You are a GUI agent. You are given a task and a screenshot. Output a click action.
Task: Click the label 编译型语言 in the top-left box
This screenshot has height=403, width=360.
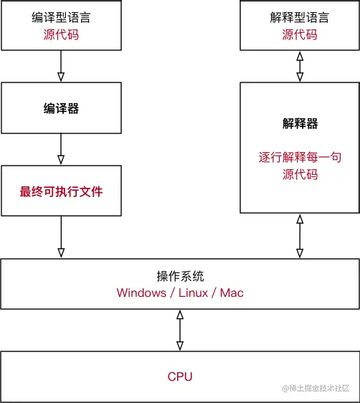(x=60, y=16)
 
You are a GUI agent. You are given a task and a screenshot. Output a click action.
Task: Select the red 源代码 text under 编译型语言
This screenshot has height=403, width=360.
(x=60, y=33)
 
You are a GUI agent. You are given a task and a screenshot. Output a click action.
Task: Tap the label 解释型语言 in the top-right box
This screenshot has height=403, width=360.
(x=298, y=16)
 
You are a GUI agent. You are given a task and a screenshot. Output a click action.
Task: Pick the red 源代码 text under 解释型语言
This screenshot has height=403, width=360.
(x=298, y=33)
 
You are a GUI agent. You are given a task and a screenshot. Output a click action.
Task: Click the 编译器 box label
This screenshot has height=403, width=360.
(x=60, y=109)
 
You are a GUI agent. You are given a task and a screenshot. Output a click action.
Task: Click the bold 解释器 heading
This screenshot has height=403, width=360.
(x=299, y=123)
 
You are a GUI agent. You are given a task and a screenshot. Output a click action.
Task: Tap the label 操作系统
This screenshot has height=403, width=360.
(x=179, y=276)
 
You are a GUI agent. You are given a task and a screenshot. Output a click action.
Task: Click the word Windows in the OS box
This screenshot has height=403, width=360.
(x=141, y=293)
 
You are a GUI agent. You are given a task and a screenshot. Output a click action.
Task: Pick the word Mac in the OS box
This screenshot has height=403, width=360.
(x=232, y=293)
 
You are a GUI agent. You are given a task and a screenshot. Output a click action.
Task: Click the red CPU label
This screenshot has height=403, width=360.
(x=179, y=376)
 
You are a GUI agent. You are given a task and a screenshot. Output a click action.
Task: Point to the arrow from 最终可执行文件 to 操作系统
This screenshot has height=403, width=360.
(x=60, y=237)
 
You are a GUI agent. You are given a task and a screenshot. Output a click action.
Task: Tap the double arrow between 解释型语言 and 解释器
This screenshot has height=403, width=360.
(x=299, y=65)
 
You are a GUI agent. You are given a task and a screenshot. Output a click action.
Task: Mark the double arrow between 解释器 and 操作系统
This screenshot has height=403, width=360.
(x=299, y=237)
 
